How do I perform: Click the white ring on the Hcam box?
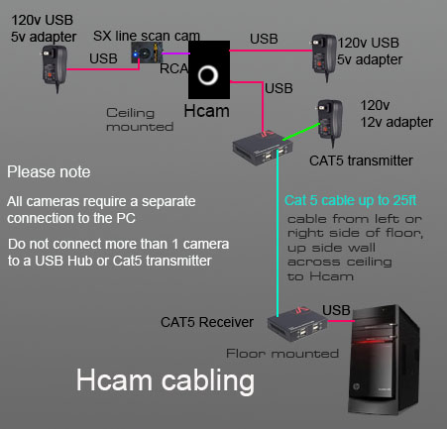pyautogui.click(x=208, y=67)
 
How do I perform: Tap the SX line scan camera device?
pyautogui.click(x=147, y=53)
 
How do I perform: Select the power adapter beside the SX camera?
pyautogui.click(x=55, y=67)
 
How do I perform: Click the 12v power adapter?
pyautogui.click(x=330, y=122)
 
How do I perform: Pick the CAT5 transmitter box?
pyautogui.click(x=263, y=147)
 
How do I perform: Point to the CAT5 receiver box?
pyautogui.click(x=297, y=324)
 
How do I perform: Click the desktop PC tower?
pyautogui.click(x=384, y=360)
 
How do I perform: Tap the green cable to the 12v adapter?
pyautogui.click(x=301, y=132)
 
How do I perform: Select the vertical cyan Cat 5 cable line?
pyautogui.click(x=278, y=234)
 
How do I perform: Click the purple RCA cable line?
pyautogui.click(x=175, y=54)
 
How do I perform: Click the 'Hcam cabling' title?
pyautogui.click(x=166, y=380)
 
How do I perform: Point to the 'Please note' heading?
pyautogui.click(x=49, y=172)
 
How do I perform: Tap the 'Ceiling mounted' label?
pyautogui.click(x=140, y=120)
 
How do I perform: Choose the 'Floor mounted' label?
pyautogui.click(x=282, y=354)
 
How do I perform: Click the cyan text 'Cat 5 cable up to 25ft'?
pyautogui.click(x=350, y=200)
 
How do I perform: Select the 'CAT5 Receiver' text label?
pyautogui.click(x=207, y=322)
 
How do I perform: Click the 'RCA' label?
pyautogui.click(x=174, y=68)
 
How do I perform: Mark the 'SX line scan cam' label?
pyautogui.click(x=147, y=36)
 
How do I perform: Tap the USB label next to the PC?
pyautogui.click(x=336, y=310)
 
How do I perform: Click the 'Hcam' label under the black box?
pyautogui.click(x=206, y=111)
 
